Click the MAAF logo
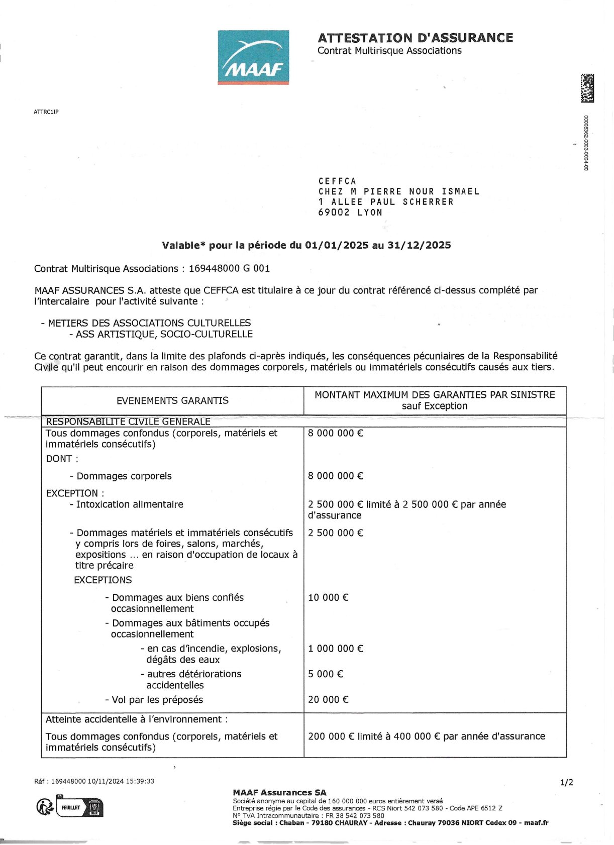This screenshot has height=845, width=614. tap(253, 57)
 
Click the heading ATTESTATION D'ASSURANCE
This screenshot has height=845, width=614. tap(415, 38)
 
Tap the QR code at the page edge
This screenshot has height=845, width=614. tap(587, 88)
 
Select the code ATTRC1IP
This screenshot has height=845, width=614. tap(46, 112)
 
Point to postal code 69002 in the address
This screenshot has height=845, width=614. tap(334, 213)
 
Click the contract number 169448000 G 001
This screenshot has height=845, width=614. tap(229, 268)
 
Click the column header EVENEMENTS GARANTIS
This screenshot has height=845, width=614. tap(172, 400)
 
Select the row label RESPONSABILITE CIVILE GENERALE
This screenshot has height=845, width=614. tap(128, 421)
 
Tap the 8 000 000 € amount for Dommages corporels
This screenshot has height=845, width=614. tap(335, 476)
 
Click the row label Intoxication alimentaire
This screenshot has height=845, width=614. tap(129, 504)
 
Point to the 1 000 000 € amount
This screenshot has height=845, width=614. tap(335, 649)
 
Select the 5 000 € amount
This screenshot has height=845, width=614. tap(325, 674)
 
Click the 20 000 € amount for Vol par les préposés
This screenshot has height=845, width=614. tap(328, 699)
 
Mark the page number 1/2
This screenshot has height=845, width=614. tap(566, 782)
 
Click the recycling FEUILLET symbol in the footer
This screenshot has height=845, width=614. tap(69, 807)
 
